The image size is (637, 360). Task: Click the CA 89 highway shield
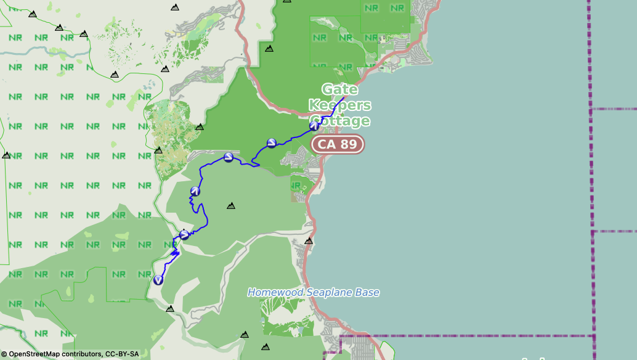(338, 144)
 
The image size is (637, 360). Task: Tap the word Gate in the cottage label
(339, 89)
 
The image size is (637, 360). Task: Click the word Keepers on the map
(339, 105)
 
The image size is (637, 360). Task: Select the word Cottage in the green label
(341, 121)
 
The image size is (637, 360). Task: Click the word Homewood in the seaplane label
(275, 292)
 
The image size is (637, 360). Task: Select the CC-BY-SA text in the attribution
(122, 354)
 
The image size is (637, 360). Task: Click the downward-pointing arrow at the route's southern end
(158, 280)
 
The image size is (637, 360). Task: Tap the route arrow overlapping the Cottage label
(314, 126)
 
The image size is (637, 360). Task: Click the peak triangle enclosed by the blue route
(231, 205)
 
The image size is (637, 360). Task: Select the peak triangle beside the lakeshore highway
(309, 241)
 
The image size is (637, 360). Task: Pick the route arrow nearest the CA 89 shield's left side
(271, 144)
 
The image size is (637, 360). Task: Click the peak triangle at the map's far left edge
(6, 155)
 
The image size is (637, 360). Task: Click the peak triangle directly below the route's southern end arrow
(170, 308)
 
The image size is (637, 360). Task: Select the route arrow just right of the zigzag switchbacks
(184, 234)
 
